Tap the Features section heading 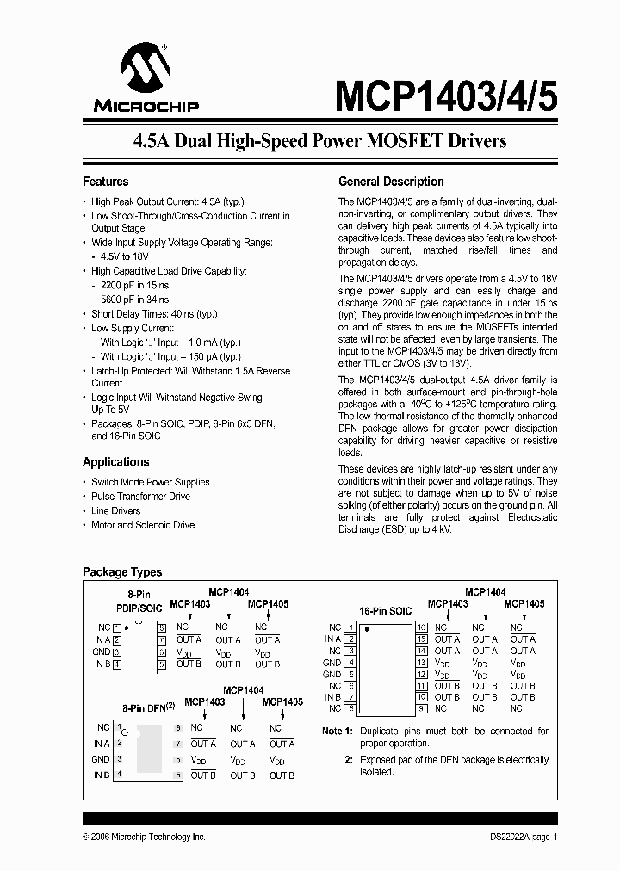pyautogui.click(x=105, y=182)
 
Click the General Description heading pyautogui.click(x=391, y=182)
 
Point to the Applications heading pyautogui.click(x=115, y=462)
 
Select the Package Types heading pyautogui.click(x=121, y=572)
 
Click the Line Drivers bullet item pyautogui.click(x=115, y=510)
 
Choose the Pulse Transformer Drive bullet pyautogui.click(x=141, y=497)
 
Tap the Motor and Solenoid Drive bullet pyautogui.click(x=143, y=525)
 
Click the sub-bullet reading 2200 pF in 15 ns pyautogui.click(x=134, y=284)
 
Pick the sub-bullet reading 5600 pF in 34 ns pyautogui.click(x=134, y=299)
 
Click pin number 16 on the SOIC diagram pyautogui.click(x=421, y=627)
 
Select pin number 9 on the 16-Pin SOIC pyautogui.click(x=421, y=708)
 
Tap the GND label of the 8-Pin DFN pyautogui.click(x=101, y=759)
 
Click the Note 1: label pyautogui.click(x=338, y=731)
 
